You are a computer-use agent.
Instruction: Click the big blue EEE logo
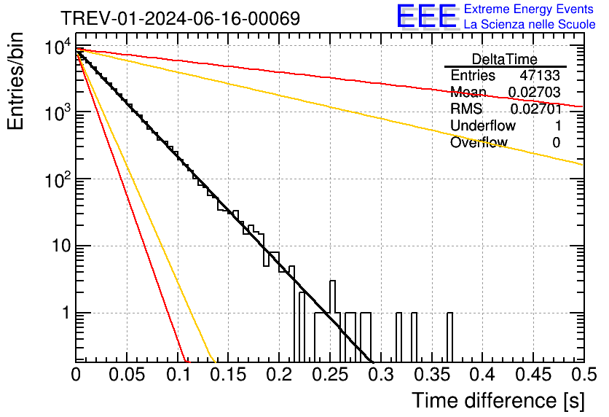pos(426,17)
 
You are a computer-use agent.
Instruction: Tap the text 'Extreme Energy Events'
pos(530,9)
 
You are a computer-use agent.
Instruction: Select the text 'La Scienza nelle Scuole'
pos(530,25)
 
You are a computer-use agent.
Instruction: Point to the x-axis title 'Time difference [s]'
pos(498,400)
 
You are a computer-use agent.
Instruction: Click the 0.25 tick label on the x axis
pos(330,375)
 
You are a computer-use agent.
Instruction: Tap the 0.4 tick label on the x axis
pos(482,375)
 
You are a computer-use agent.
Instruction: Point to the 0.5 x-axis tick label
pos(584,375)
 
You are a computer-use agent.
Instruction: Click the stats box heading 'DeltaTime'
pos(504,59)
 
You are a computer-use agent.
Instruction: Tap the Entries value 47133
pos(540,76)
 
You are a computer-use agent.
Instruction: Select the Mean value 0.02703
pos(534,92)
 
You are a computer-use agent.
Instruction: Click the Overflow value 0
pos(556,142)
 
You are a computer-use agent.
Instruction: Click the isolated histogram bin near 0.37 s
pos(449,337)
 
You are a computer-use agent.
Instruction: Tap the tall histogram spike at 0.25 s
pos(332,321)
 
